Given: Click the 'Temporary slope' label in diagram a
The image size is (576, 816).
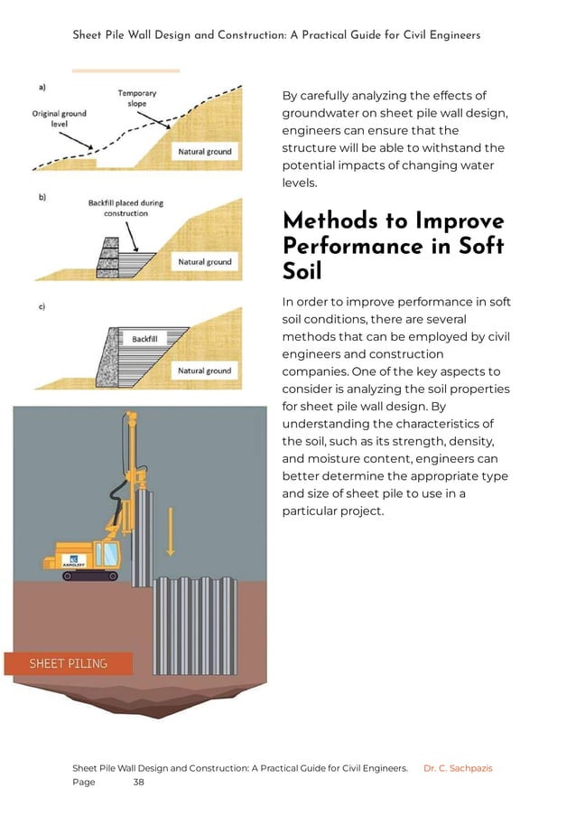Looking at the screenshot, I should coord(137,98).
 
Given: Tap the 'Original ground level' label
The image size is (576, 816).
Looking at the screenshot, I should coord(60,119).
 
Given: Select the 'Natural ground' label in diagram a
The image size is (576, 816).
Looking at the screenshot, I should coord(205,152).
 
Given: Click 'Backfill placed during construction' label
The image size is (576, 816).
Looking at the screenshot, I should coord(125,208).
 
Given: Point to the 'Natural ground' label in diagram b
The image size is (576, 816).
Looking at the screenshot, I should coord(205,262).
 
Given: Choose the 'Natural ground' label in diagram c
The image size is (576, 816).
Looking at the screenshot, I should coord(205,370).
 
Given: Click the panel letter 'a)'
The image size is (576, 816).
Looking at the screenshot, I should coord(42,87).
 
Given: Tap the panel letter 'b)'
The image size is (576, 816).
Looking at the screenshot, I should coord(42,198).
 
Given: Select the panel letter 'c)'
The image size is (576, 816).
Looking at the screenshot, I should coord(42,307).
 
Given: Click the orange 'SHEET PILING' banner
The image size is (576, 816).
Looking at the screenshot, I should coord(69,663).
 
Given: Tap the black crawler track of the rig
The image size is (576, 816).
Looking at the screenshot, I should coord(88,576).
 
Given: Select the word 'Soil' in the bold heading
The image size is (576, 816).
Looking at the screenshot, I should coord(302,270).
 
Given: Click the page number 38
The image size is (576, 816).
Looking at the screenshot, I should coord(138,783).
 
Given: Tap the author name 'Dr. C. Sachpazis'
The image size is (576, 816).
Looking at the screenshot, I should coord(458,768).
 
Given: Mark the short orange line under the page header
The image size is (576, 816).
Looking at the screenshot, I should coord(125,70).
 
